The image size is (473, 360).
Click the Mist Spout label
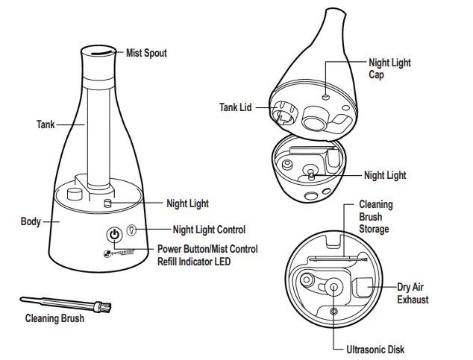click(x=146, y=53)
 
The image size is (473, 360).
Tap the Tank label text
click(x=46, y=124)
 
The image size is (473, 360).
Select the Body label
click(x=31, y=222)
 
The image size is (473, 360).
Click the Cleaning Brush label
click(x=54, y=319)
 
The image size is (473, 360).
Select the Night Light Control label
click(x=209, y=230)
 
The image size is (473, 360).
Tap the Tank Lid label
click(x=235, y=107)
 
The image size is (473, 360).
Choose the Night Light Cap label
click(x=389, y=69)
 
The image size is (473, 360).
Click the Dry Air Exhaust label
click(x=413, y=293)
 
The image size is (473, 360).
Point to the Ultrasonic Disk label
click(x=377, y=349)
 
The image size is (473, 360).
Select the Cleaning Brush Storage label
click(x=375, y=216)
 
